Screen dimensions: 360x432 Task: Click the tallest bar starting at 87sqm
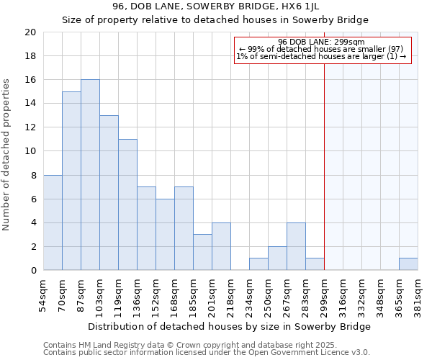tap(90, 175)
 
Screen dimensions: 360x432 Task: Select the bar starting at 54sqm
tap(53, 222)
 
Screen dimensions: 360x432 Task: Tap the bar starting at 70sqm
tap(71, 181)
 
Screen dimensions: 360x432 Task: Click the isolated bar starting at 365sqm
tap(408, 264)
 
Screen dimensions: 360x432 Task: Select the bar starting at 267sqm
tap(296, 246)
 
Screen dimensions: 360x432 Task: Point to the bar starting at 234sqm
tap(258, 264)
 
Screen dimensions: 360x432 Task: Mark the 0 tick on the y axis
tap(32, 270)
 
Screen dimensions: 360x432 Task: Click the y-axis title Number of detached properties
tap(7, 155)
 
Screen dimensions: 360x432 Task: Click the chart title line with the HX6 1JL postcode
tap(215, 6)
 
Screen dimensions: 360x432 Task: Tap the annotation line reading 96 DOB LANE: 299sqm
tap(321, 42)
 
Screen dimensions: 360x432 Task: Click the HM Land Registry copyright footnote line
tap(175, 345)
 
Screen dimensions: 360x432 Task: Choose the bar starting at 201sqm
tap(221, 246)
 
